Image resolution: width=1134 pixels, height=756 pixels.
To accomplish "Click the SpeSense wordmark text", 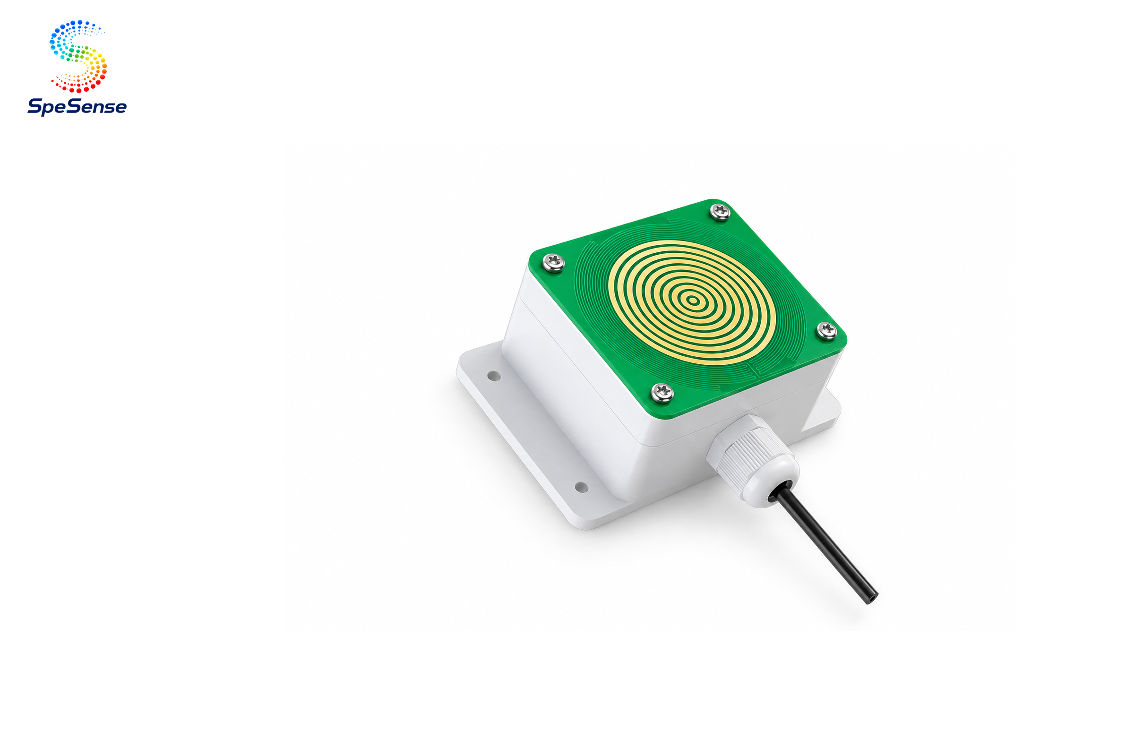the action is (x=77, y=106).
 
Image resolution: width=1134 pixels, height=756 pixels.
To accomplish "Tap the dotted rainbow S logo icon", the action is (x=78, y=56).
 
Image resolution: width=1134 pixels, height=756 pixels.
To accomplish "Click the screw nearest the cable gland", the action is (x=662, y=392).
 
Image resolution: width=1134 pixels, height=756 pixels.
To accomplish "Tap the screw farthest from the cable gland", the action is (x=720, y=211).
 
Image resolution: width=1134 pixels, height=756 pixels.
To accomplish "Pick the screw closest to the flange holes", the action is (x=553, y=262).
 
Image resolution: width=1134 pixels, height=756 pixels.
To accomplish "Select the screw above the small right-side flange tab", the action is (x=826, y=330).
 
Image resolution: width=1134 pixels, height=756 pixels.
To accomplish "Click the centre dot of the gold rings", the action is (x=693, y=301).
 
